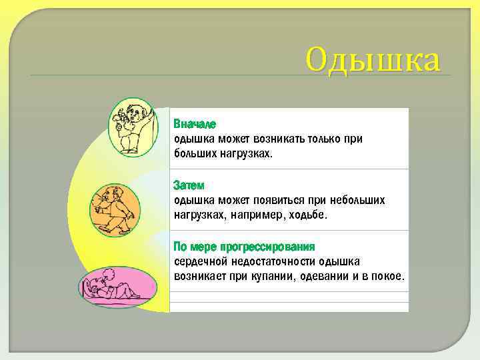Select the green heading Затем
tap(189, 185)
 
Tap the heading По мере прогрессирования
tap(244, 247)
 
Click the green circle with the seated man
tap(133, 127)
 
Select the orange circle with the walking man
tap(115, 207)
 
